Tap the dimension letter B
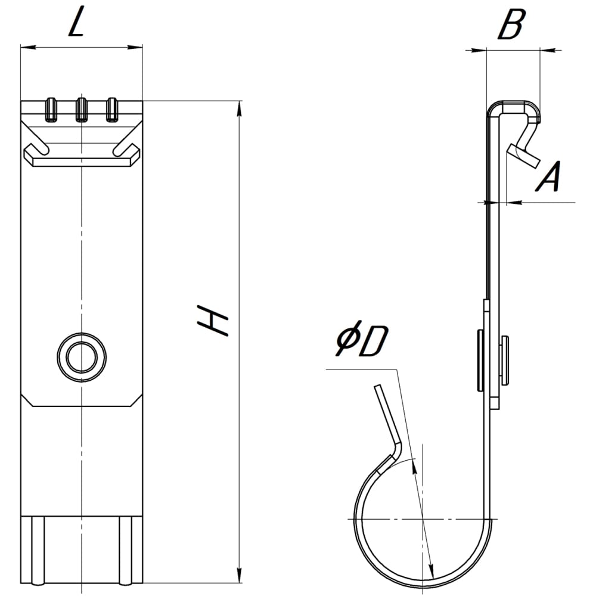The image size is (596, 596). (x=511, y=24)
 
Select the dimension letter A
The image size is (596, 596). (x=549, y=176)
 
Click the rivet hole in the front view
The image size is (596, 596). (x=82, y=358)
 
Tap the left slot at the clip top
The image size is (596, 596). (x=51, y=110)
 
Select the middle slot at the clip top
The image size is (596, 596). (x=82, y=110)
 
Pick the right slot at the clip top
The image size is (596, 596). (x=111, y=110)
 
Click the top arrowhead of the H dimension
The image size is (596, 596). (x=239, y=108)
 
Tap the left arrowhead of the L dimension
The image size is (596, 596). (x=28, y=47)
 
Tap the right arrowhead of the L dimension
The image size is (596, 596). (x=135, y=47)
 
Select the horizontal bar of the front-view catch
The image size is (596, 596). (x=82, y=162)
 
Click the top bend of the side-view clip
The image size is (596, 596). (x=514, y=107)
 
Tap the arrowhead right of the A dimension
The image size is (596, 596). (x=515, y=203)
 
